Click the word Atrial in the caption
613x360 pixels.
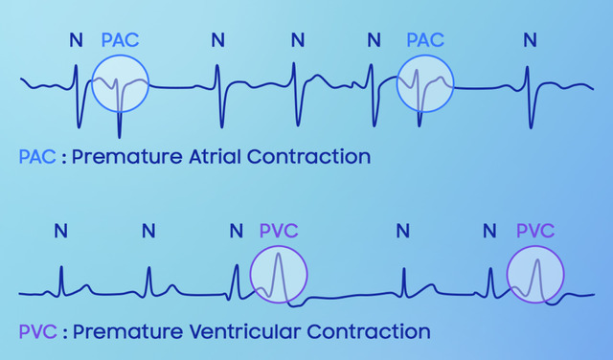[x=215, y=157]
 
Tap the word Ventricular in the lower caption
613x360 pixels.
[x=245, y=331]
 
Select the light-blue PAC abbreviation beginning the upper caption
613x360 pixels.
[x=37, y=157]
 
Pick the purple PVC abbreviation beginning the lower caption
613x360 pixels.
[x=38, y=331]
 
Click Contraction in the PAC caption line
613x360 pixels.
[x=308, y=157]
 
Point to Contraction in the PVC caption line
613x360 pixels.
[x=369, y=331]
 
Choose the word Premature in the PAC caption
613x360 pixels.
[x=127, y=157]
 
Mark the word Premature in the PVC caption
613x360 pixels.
[x=127, y=331]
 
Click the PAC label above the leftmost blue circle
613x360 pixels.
[x=121, y=40]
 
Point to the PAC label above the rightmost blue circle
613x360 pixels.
[x=425, y=40]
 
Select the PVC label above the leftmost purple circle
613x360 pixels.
[x=279, y=231]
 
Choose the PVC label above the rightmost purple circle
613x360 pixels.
[x=535, y=231]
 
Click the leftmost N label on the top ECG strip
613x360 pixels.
[x=77, y=40]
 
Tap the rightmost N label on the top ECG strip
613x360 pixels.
[x=530, y=40]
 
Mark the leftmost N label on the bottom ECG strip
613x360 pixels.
[x=61, y=231]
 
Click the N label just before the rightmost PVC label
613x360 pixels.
[x=489, y=231]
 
